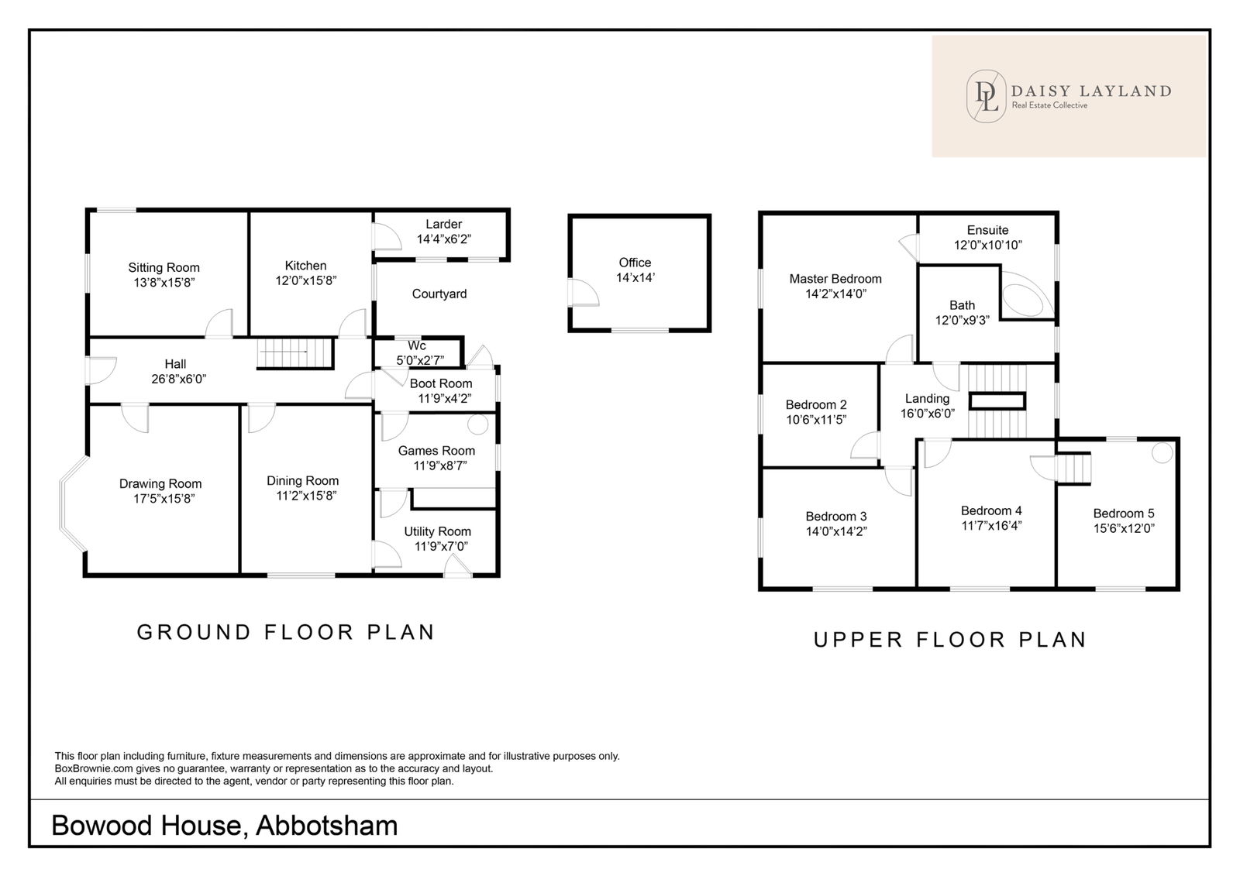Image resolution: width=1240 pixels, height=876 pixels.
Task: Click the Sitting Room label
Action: (164, 268)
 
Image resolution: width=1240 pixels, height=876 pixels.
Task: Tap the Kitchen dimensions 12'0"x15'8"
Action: (306, 280)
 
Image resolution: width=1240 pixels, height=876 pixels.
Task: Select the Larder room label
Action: (443, 224)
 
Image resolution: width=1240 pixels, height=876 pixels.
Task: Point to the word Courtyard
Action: (439, 294)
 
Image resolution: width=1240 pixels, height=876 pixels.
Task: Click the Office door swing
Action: (584, 292)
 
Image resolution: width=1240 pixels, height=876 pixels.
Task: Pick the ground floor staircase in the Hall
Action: (294, 353)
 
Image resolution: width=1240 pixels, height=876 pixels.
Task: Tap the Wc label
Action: (417, 346)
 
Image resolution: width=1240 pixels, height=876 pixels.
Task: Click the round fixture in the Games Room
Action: (477, 424)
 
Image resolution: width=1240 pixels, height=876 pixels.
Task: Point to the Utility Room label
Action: (437, 532)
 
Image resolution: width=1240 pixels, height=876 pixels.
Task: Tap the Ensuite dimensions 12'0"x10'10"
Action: (987, 246)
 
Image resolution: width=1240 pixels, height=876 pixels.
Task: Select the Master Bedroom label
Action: (835, 279)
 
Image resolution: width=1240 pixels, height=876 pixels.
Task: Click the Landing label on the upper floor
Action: (927, 398)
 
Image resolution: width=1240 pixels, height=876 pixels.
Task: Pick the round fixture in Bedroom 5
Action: (1162, 453)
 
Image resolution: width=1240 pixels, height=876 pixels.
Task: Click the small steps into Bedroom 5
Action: (1073, 468)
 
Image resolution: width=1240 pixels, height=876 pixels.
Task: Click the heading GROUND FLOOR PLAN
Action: (286, 633)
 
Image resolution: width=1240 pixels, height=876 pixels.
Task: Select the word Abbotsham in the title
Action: (326, 826)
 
